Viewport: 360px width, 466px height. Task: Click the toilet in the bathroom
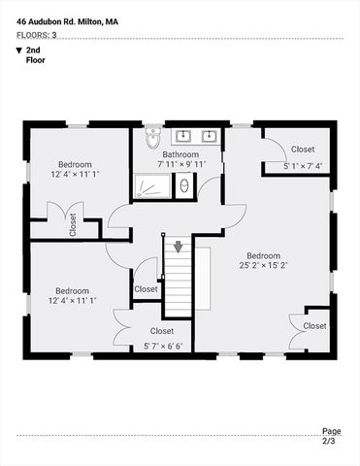pos(152,139)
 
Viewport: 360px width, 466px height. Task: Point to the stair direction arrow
pos(178,247)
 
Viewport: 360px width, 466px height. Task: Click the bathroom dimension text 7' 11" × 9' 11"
pos(180,165)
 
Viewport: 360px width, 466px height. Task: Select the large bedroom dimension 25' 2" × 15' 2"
pos(263,263)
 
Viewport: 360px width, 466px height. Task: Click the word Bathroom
pos(180,154)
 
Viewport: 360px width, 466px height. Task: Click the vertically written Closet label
pos(73,226)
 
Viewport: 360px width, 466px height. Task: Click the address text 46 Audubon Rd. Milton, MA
pos(61,20)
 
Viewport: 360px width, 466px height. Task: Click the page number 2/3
pos(331,442)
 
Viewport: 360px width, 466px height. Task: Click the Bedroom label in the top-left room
pos(74,164)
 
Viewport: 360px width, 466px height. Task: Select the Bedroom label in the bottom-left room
pos(74,290)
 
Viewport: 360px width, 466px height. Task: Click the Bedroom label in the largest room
pos(263,252)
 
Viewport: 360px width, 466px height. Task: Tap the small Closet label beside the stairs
pos(146,288)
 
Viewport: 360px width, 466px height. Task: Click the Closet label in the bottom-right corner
pos(314,326)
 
